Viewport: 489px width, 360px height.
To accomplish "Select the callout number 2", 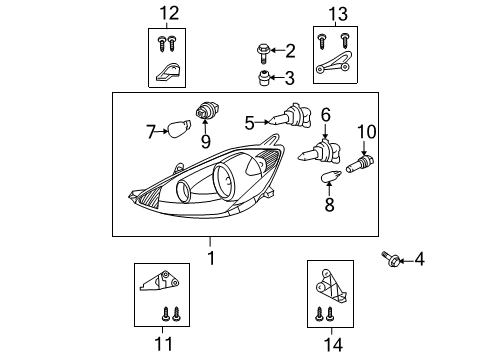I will (290, 50).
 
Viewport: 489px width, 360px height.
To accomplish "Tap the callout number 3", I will (290, 78).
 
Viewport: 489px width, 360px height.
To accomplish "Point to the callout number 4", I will (419, 261).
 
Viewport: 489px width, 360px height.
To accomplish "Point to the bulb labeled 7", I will (180, 129).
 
